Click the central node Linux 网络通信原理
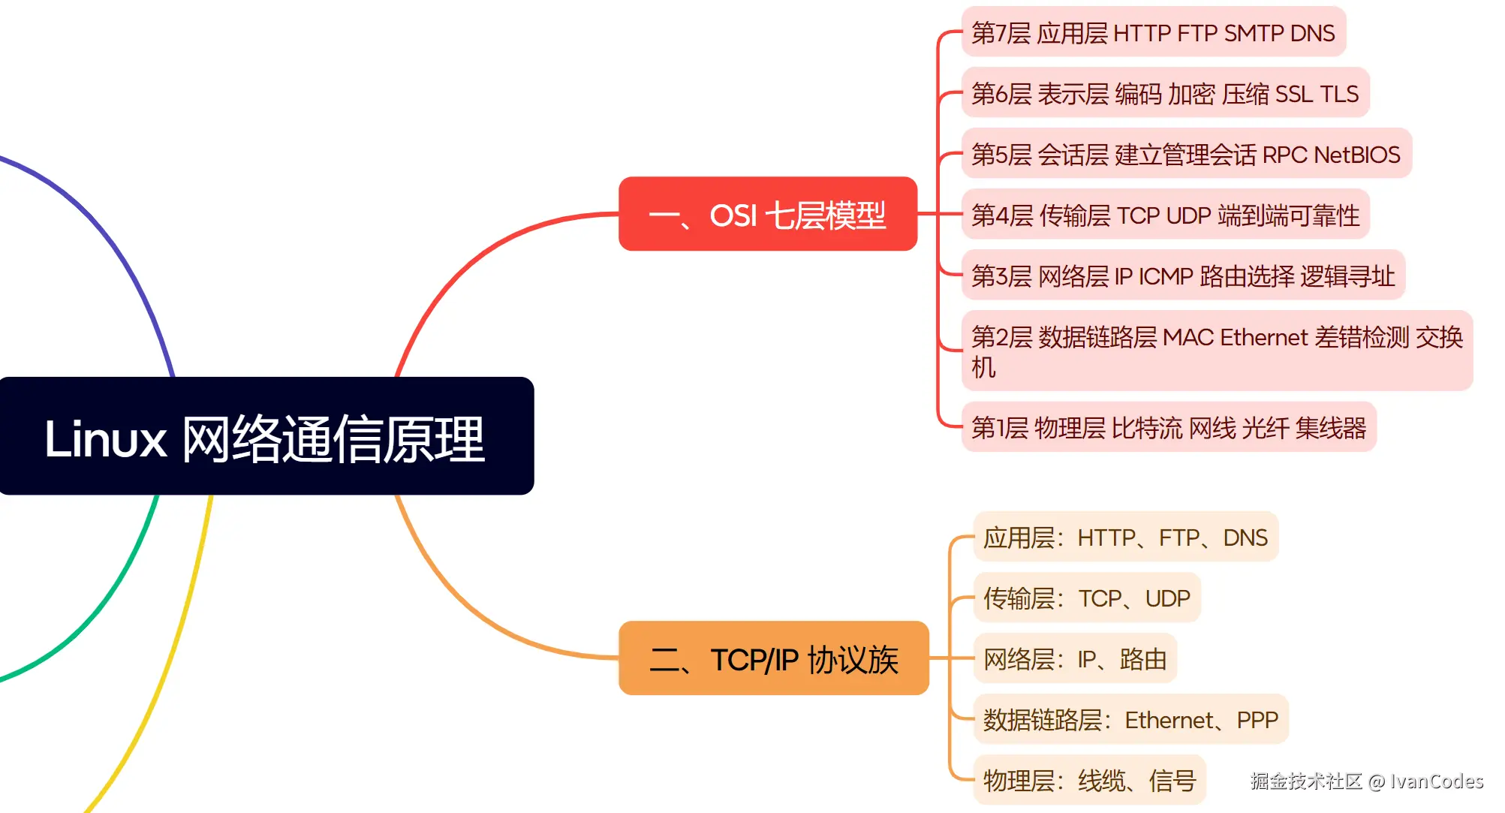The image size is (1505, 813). pos(266,437)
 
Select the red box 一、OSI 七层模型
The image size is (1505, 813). pos(767,215)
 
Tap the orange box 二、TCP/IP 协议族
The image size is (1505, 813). pos(773,659)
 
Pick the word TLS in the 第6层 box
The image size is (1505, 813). pos(1339,95)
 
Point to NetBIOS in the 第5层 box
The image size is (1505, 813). pos(1356,155)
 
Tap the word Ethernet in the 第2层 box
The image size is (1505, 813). pos(1264,338)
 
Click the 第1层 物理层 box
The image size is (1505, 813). pos(1168,428)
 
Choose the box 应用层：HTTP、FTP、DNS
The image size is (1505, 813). pos(1124,537)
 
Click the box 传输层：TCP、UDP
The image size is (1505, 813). pos(1086,598)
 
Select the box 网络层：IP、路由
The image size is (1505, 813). pos(1074,659)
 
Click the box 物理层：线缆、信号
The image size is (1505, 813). pos(1088,781)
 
